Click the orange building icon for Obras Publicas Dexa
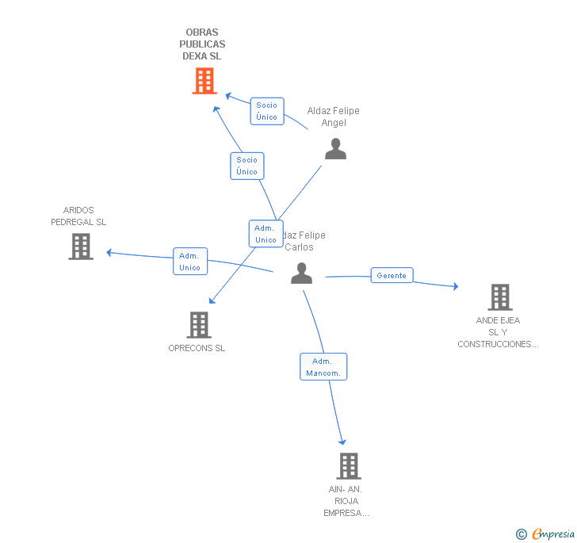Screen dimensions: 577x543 204,81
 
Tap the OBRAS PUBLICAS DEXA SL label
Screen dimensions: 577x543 202,44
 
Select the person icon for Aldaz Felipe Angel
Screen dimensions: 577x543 335,148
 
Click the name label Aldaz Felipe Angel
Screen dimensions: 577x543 333,117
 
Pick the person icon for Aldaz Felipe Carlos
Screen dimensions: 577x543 301,273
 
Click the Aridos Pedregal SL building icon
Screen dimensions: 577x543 81,247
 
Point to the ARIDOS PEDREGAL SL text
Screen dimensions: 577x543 78,216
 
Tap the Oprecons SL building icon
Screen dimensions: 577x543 198,324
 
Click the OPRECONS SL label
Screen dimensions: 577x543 197,348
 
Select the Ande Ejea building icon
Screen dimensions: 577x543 499,297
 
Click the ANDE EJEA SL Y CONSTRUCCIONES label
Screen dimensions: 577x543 498,332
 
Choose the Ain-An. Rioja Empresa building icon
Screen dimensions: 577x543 348,466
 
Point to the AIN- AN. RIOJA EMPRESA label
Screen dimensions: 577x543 346,501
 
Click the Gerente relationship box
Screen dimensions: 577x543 392,275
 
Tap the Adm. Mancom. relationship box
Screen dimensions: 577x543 323,367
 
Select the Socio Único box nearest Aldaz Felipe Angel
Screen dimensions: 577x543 267,111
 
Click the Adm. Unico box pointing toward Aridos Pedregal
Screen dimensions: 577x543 190,262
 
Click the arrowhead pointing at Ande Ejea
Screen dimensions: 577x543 455,286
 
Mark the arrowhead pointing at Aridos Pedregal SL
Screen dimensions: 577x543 110,253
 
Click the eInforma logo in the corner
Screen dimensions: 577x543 546,534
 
